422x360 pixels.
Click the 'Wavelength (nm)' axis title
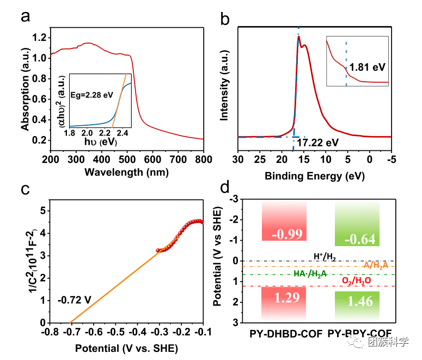(126, 172)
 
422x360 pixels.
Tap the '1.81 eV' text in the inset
(368, 67)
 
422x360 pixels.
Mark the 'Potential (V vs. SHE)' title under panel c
(126, 347)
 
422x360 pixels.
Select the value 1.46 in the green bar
(357, 302)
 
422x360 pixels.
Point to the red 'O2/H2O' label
(357, 280)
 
